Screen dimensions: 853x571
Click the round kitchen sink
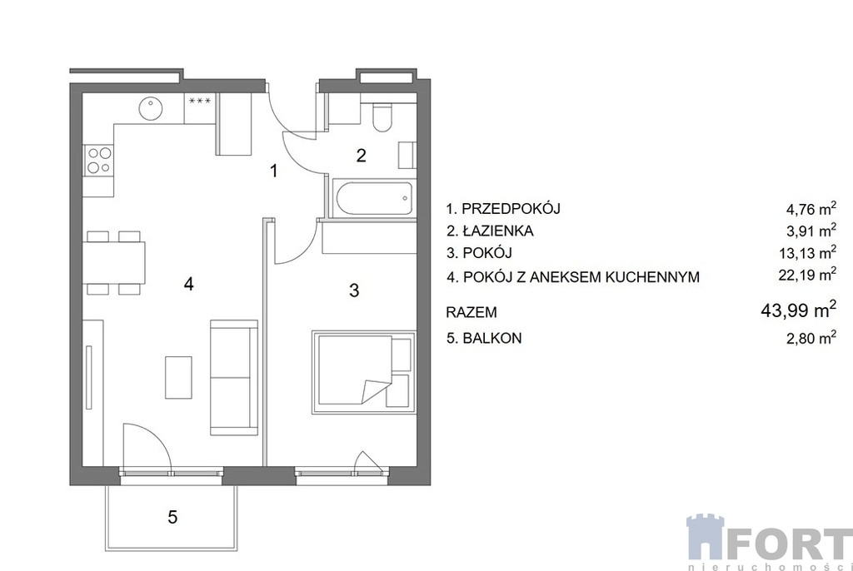pos(150,108)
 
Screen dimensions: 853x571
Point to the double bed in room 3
pos(363,372)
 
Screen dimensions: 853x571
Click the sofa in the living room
pos(233,377)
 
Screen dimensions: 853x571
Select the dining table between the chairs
pos(114,262)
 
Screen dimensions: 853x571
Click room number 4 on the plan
pos(189,284)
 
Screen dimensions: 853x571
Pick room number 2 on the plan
pos(362,156)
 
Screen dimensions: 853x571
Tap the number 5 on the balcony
pos(172,517)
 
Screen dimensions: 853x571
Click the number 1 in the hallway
pos(274,171)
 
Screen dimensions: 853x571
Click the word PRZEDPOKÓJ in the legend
pos(511,208)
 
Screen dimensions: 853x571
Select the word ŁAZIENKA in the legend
pos(498,231)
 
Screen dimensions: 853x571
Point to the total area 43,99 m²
pos(798,310)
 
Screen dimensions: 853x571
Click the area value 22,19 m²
pos(807,275)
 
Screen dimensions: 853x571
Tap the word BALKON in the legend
pos(492,338)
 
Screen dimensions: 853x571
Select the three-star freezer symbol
pos(200,102)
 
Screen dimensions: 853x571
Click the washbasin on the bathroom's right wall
pos(407,156)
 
